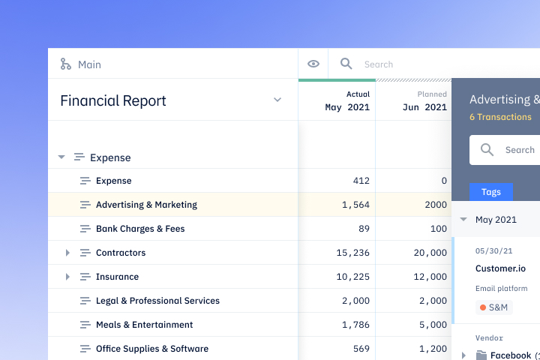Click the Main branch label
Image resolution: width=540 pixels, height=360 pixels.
coord(88,64)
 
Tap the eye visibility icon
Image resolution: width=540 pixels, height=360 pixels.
coord(313,64)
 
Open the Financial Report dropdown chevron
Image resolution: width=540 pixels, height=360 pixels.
coord(277,100)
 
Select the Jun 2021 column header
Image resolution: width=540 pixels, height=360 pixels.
coord(424,106)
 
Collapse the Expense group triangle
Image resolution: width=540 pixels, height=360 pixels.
coord(61,157)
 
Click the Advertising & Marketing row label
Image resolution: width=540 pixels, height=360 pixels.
coord(146,205)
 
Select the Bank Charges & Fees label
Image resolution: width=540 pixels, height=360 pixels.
coord(140,229)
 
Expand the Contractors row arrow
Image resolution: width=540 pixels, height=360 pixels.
coord(67,253)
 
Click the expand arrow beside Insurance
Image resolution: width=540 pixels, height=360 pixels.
coord(67,277)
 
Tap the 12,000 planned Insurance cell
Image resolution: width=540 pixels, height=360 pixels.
coord(430,277)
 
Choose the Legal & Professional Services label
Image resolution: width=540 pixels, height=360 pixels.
coord(157,301)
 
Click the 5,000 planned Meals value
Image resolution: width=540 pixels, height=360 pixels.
coord(433,325)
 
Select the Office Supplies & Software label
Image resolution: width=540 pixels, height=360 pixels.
coord(152,349)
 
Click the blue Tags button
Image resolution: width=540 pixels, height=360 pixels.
coord(491,192)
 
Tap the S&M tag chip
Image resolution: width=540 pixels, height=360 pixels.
coord(494,307)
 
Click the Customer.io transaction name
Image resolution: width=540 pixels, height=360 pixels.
coord(500,268)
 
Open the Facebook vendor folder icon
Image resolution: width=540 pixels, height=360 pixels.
coord(479,355)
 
